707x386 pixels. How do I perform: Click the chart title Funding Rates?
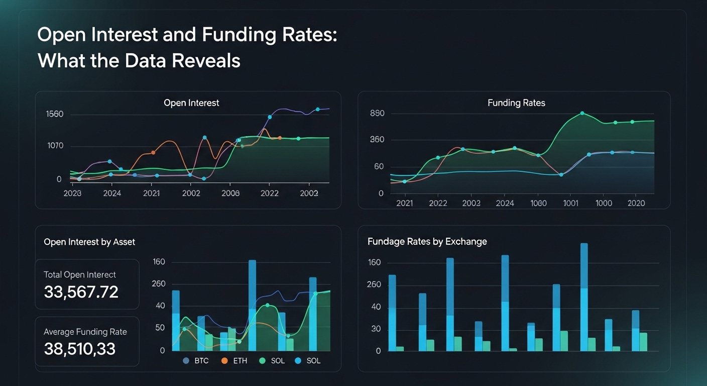pos(516,103)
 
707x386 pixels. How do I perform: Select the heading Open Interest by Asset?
pos(89,242)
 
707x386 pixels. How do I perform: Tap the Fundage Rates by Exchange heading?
pos(427,241)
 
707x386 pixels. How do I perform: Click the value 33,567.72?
pos(81,292)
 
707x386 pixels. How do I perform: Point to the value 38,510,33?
pos(79,349)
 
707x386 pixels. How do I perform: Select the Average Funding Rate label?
pos(85,332)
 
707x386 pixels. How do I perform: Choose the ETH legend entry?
pos(234,361)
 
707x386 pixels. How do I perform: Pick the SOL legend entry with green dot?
pos(272,361)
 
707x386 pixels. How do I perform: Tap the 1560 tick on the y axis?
pos(54,114)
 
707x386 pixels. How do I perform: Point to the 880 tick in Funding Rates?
pos(377,114)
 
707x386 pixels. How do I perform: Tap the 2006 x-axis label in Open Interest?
pos(230,193)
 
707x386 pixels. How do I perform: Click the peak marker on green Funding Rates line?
pos(582,113)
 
